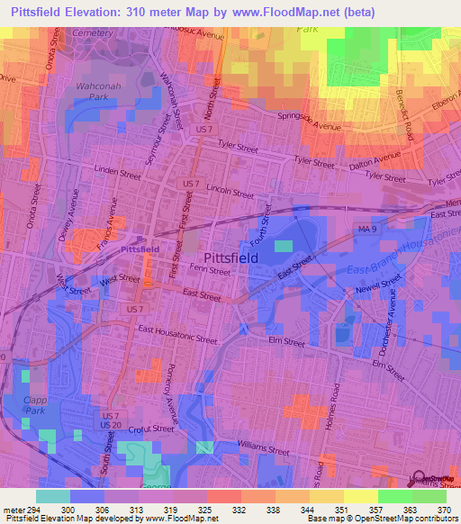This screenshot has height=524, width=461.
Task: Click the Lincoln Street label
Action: point(230,192)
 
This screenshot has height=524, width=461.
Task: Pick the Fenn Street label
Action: point(212,269)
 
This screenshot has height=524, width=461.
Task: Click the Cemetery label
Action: point(94,32)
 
